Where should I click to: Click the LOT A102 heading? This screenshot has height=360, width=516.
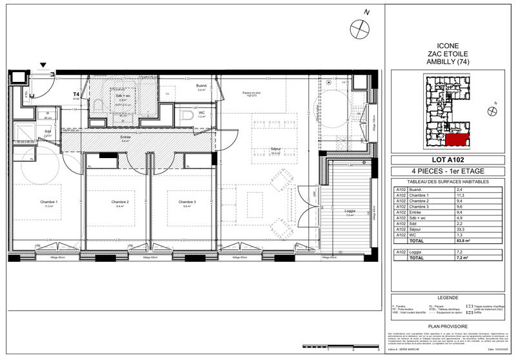pyautogui.click(x=448, y=161)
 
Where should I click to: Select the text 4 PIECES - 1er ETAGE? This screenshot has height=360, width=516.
pyautogui.click(x=448, y=171)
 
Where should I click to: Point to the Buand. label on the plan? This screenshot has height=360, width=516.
pyautogui.click(x=201, y=85)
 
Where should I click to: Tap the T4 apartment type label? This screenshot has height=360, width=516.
pyautogui.click(x=76, y=94)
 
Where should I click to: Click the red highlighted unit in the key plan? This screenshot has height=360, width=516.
pyautogui.click(x=457, y=139)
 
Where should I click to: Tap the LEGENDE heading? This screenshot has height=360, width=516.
pyautogui.click(x=448, y=297)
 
